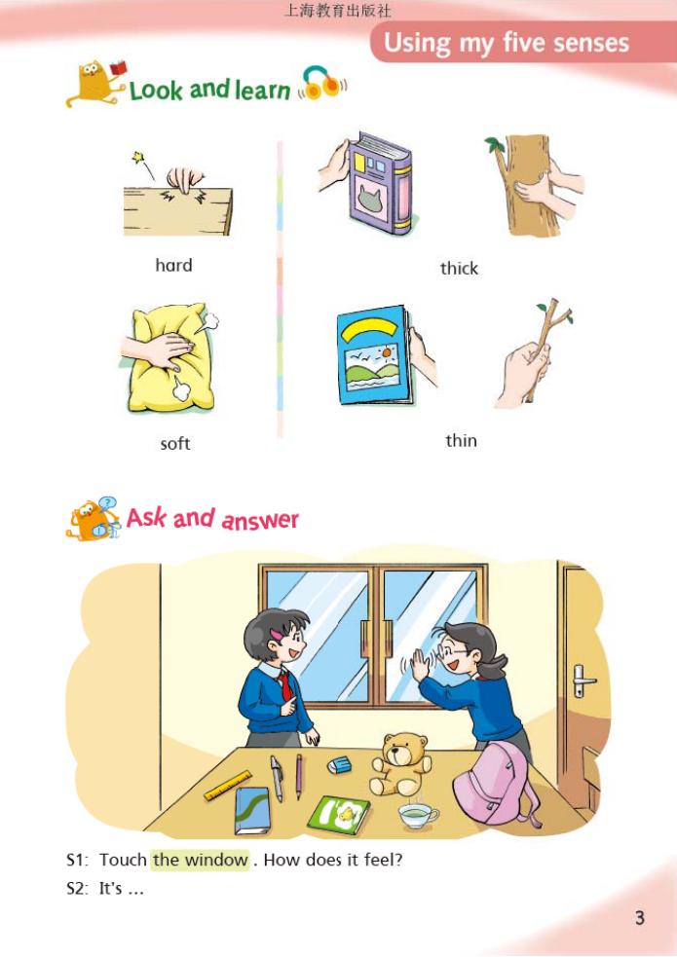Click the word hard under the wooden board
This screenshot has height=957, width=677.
(173, 265)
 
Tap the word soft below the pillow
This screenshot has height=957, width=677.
(175, 444)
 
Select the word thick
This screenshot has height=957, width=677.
(459, 268)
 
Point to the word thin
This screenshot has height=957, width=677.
(461, 440)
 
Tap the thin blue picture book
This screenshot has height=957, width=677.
(372, 355)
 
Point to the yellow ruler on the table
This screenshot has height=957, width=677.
(228, 785)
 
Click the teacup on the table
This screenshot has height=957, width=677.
(418, 813)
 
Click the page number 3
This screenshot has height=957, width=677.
(640, 917)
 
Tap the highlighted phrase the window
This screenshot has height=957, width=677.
(201, 860)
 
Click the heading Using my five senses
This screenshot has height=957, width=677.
(506, 43)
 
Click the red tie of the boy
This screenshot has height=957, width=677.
(284, 683)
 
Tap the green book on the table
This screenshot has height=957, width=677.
(338, 814)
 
